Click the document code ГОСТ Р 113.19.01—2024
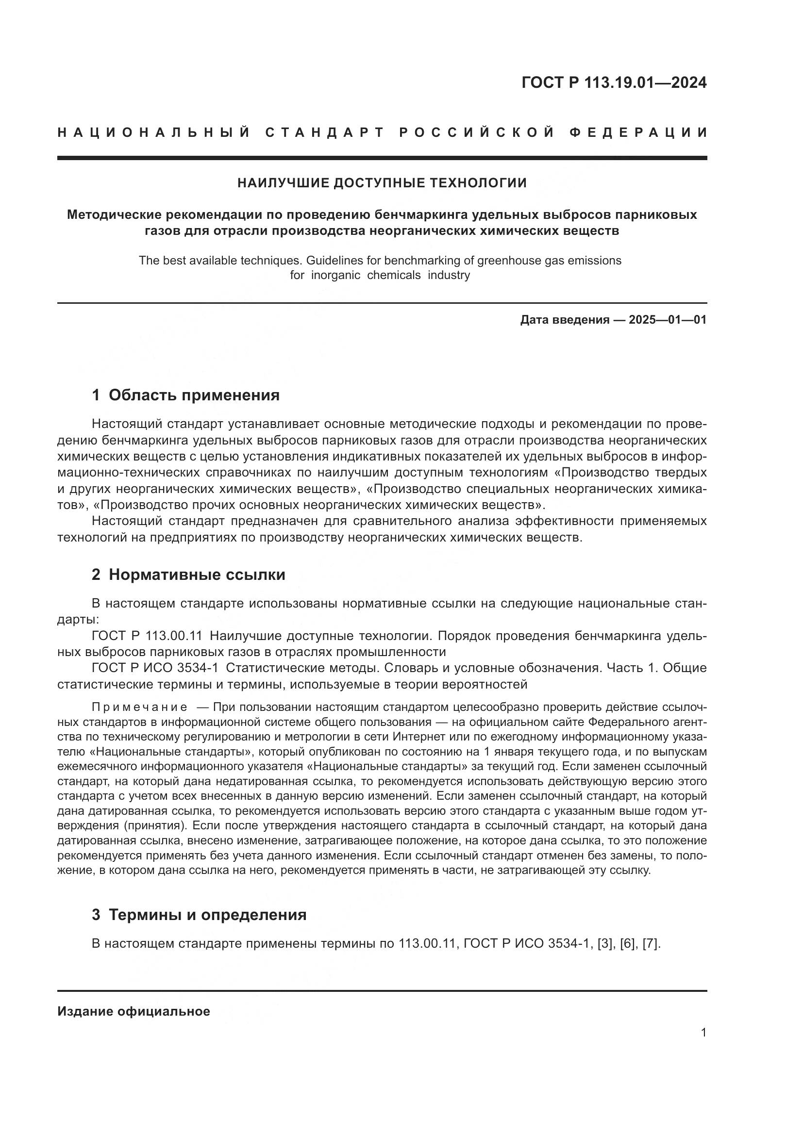pyautogui.click(x=614, y=82)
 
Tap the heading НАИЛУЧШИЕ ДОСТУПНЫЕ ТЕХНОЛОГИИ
pyautogui.click(x=382, y=183)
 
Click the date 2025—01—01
pyautogui.click(x=668, y=320)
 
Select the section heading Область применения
pyautogui.click(x=194, y=395)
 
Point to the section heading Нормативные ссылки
pyautogui.click(x=197, y=575)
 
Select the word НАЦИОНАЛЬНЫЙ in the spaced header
pyautogui.click(x=154, y=132)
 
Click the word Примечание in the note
pyautogui.click(x=139, y=707)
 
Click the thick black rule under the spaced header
pyautogui.click(x=382, y=158)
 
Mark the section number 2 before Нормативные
pyautogui.click(x=96, y=575)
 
